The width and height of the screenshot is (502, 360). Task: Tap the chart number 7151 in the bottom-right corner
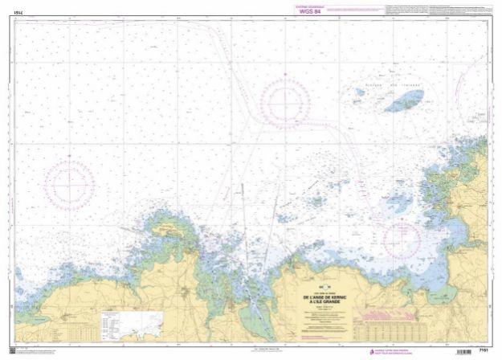(x=484, y=351)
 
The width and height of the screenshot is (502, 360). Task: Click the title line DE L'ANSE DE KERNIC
(x=324, y=297)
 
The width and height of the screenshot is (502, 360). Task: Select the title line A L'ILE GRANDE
(x=324, y=301)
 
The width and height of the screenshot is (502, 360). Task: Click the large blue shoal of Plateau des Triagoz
(x=404, y=101)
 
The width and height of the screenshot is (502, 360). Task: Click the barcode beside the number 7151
(x=465, y=351)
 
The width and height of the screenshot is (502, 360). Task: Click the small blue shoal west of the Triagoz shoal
(x=361, y=92)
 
